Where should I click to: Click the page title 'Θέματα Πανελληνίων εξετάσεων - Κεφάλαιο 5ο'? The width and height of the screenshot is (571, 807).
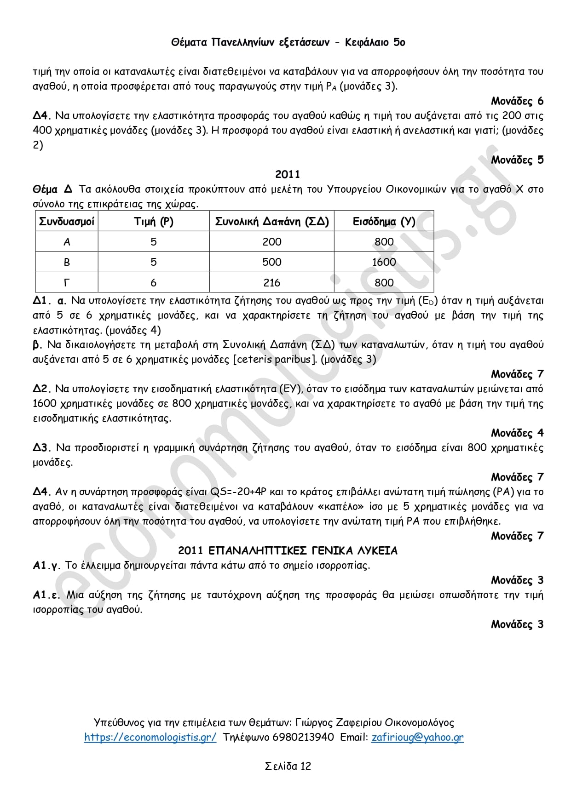click(288, 42)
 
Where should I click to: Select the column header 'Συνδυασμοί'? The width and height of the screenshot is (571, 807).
click(67, 222)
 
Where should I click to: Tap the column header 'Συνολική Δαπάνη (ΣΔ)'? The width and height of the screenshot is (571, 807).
click(272, 222)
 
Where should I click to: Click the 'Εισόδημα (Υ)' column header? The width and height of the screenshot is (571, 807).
click(384, 222)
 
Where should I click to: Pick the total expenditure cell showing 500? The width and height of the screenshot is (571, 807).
click(272, 262)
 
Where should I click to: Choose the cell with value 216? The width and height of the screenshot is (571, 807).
click(272, 283)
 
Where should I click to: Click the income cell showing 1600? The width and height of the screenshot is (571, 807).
click(384, 262)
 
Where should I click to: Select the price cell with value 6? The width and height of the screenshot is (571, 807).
click(154, 283)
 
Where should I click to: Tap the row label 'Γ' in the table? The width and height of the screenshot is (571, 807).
click(67, 283)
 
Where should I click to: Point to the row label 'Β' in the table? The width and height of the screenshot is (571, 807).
click(67, 262)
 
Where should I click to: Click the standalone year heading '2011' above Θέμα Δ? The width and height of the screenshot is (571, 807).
click(288, 174)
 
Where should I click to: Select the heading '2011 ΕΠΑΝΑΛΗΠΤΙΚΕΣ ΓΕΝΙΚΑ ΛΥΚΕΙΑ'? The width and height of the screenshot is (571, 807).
click(288, 550)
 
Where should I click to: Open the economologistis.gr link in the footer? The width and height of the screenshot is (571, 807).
click(150, 737)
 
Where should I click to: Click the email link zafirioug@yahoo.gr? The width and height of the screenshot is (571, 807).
click(417, 737)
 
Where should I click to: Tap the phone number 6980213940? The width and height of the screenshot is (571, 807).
click(303, 737)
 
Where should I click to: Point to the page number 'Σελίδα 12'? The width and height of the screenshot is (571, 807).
click(288, 766)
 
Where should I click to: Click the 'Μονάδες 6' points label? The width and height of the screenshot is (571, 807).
click(517, 101)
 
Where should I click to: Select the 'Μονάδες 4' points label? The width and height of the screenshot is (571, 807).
click(517, 433)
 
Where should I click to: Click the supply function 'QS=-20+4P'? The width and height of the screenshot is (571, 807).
click(238, 492)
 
